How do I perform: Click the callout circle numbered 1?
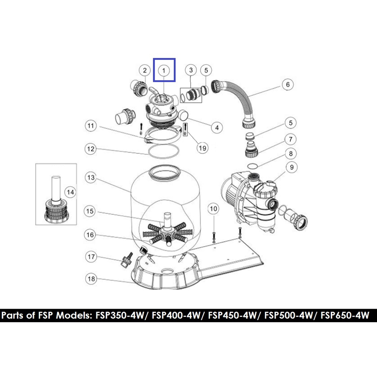coord(164,70)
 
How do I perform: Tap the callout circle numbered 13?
coord(91,178)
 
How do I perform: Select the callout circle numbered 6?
coord(287,84)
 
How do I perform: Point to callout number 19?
coord(202,148)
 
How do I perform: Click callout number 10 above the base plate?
coord(214,209)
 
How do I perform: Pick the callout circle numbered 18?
coord(91,279)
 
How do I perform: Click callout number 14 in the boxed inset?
coord(70,192)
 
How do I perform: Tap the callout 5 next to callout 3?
coord(206,70)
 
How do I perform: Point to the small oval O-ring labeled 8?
coord(253,165)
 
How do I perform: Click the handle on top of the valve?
coord(155,92)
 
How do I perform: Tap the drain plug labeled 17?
coord(127,260)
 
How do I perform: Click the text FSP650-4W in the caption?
coord(345,315)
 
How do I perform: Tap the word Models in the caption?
coord(74,315)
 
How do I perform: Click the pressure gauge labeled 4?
coord(184,115)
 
